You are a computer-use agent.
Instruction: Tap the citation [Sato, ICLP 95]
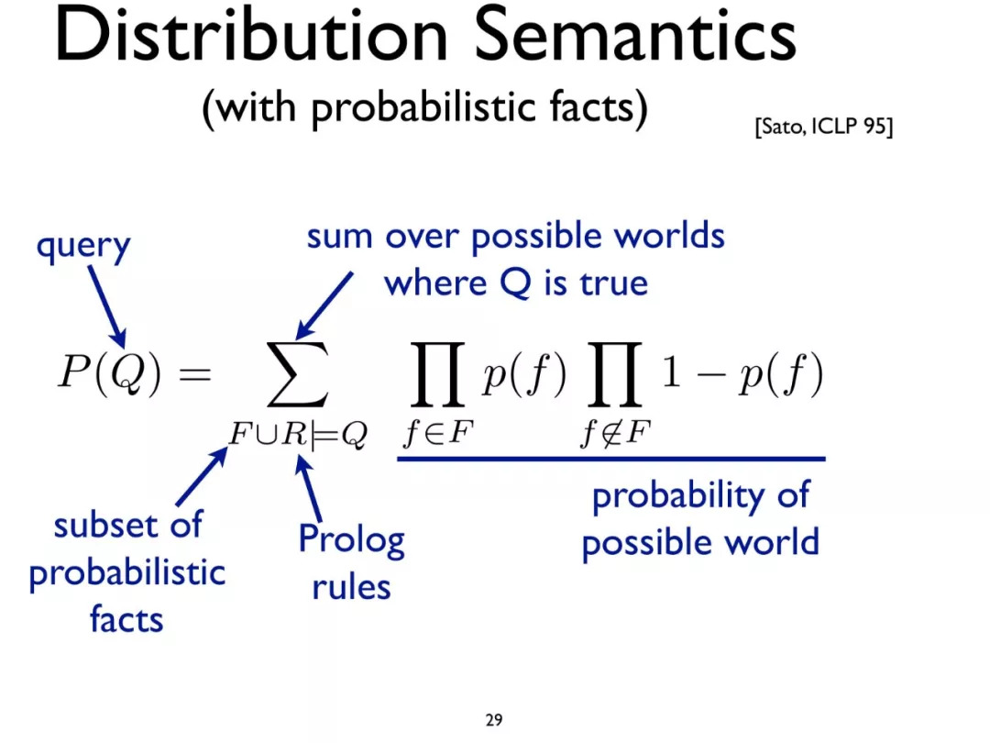click(x=823, y=127)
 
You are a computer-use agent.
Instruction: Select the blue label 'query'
click(x=83, y=247)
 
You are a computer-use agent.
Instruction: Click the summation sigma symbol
click(x=297, y=374)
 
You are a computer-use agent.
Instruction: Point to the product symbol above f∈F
click(x=437, y=374)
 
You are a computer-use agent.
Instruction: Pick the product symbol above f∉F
click(x=615, y=374)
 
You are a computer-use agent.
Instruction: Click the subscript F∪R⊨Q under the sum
click(x=298, y=434)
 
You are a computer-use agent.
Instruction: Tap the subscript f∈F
click(x=438, y=433)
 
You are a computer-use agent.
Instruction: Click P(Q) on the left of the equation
click(x=110, y=371)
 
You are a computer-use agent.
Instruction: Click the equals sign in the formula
click(x=195, y=373)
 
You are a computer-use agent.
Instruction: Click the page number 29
click(x=494, y=720)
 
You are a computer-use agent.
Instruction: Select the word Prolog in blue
click(x=352, y=540)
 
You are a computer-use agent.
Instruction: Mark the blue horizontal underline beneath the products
click(x=611, y=459)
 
